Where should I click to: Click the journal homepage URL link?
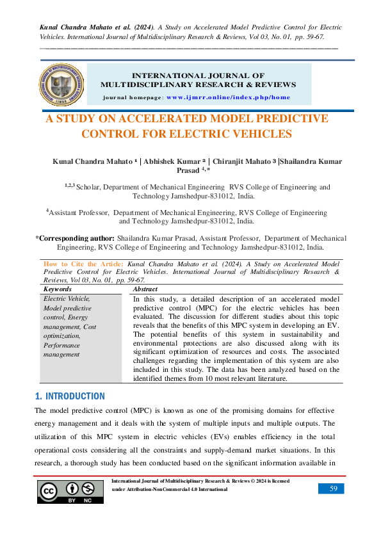click(x=228, y=97)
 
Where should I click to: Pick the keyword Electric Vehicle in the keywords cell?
click(x=67, y=298)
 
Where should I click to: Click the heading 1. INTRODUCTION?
click(x=70, y=396)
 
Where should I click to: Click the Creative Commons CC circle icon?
click(x=49, y=490)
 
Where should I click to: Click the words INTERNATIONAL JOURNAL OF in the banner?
click(x=198, y=76)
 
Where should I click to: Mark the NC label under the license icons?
click(x=88, y=501)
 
